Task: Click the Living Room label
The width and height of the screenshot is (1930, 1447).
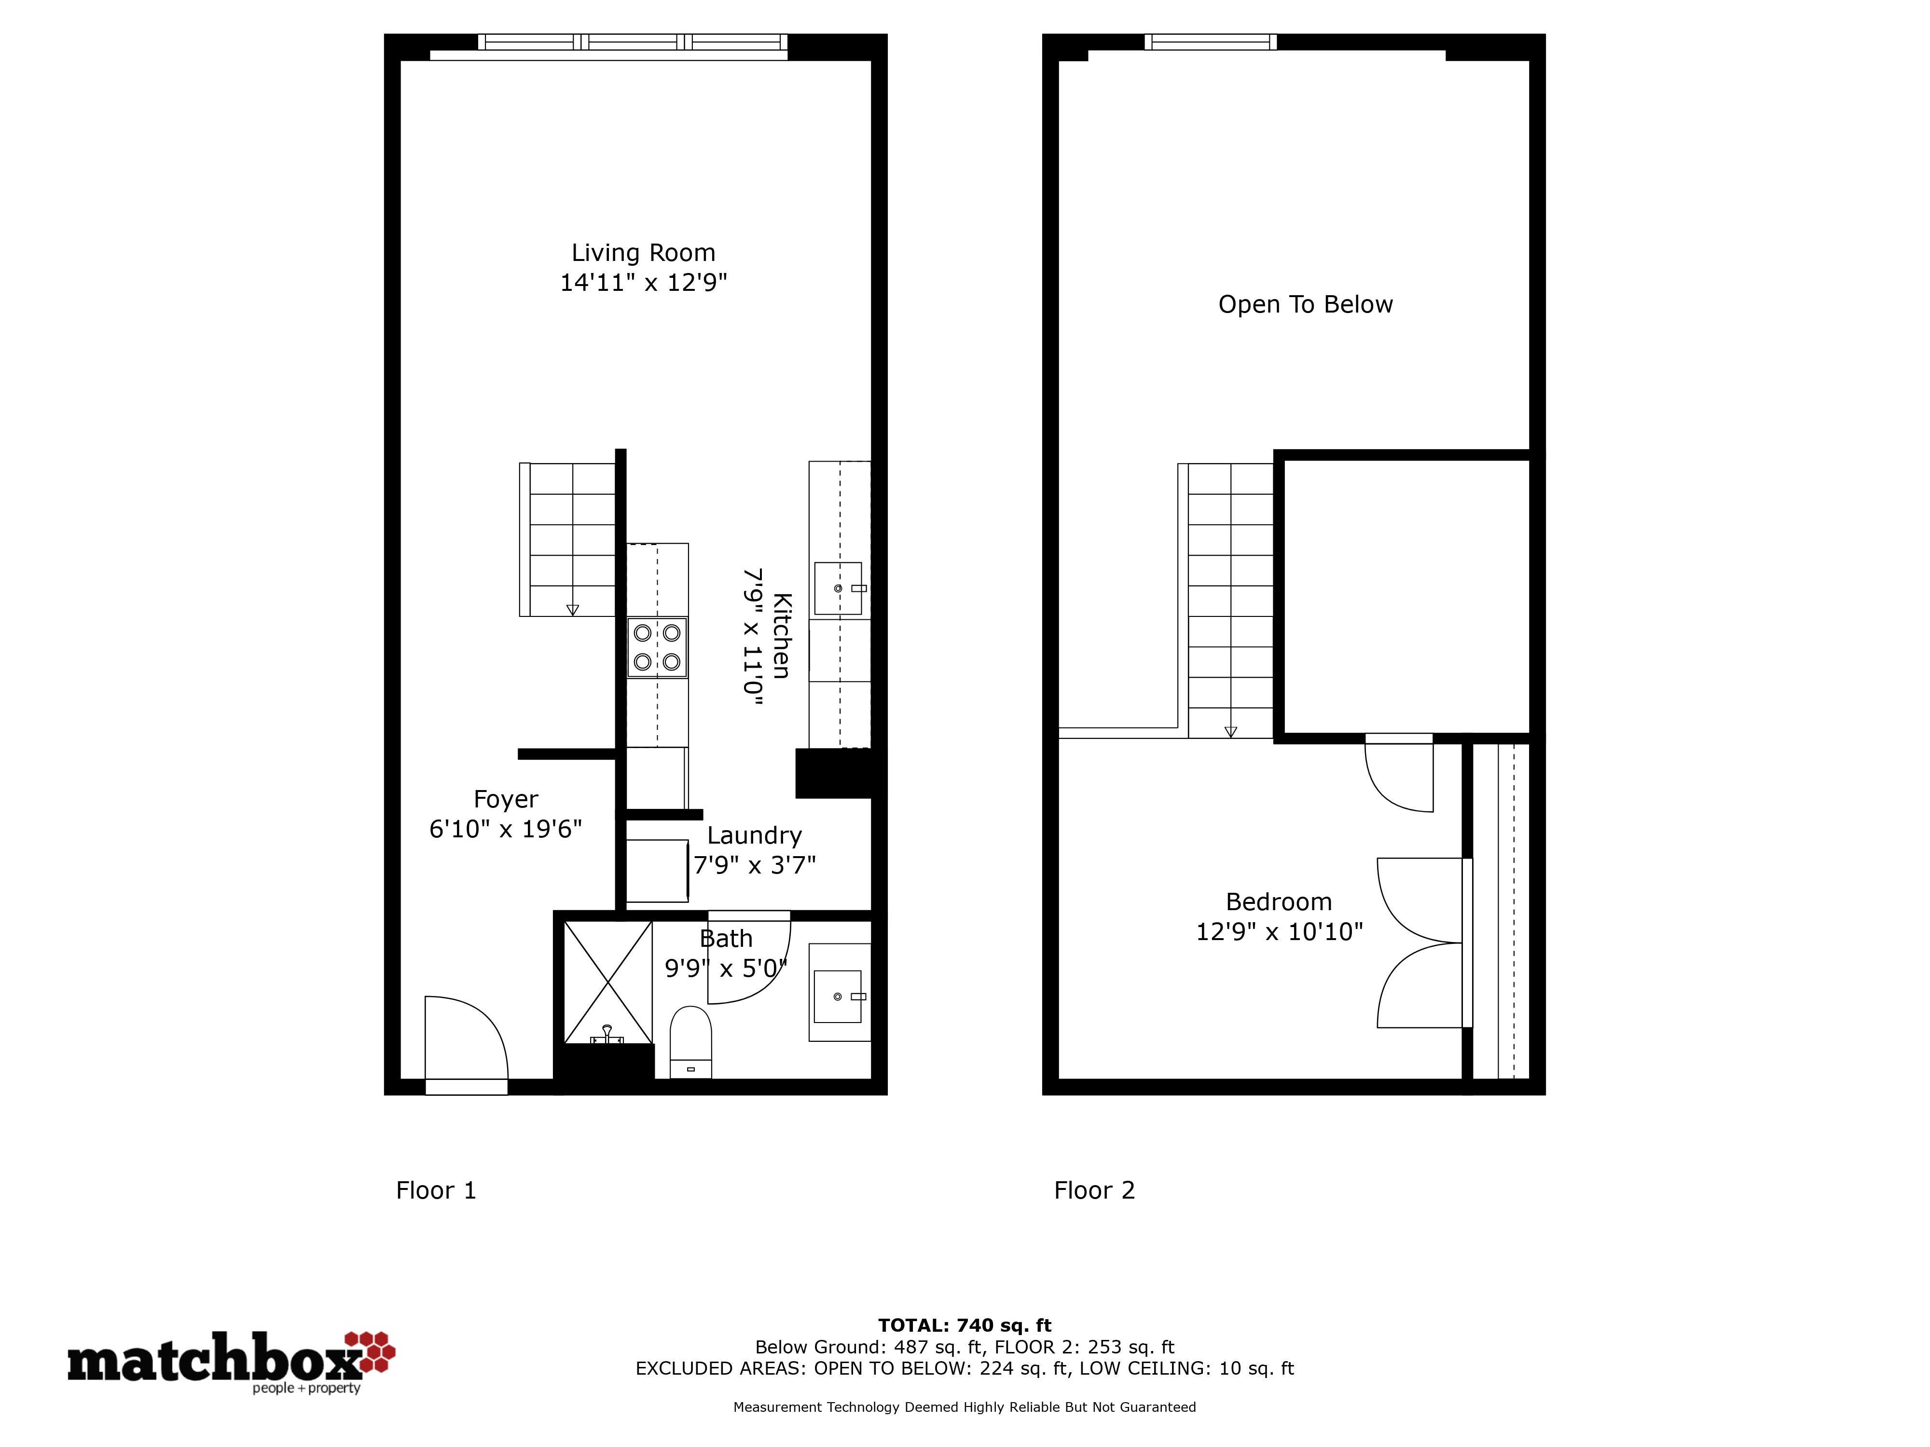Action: tap(643, 253)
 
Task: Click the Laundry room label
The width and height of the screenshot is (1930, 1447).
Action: tap(754, 835)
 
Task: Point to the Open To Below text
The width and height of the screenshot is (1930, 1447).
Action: tap(1305, 304)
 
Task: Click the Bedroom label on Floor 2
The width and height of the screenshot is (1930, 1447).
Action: tap(1279, 902)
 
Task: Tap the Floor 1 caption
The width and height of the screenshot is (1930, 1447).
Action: tap(436, 1190)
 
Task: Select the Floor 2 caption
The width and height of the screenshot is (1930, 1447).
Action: tap(1094, 1190)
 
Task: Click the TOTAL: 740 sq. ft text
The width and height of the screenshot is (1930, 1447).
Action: tap(965, 1326)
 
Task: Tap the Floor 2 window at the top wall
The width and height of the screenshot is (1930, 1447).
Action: tap(1210, 42)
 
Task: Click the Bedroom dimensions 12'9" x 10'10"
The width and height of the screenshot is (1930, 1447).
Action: tap(1279, 931)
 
